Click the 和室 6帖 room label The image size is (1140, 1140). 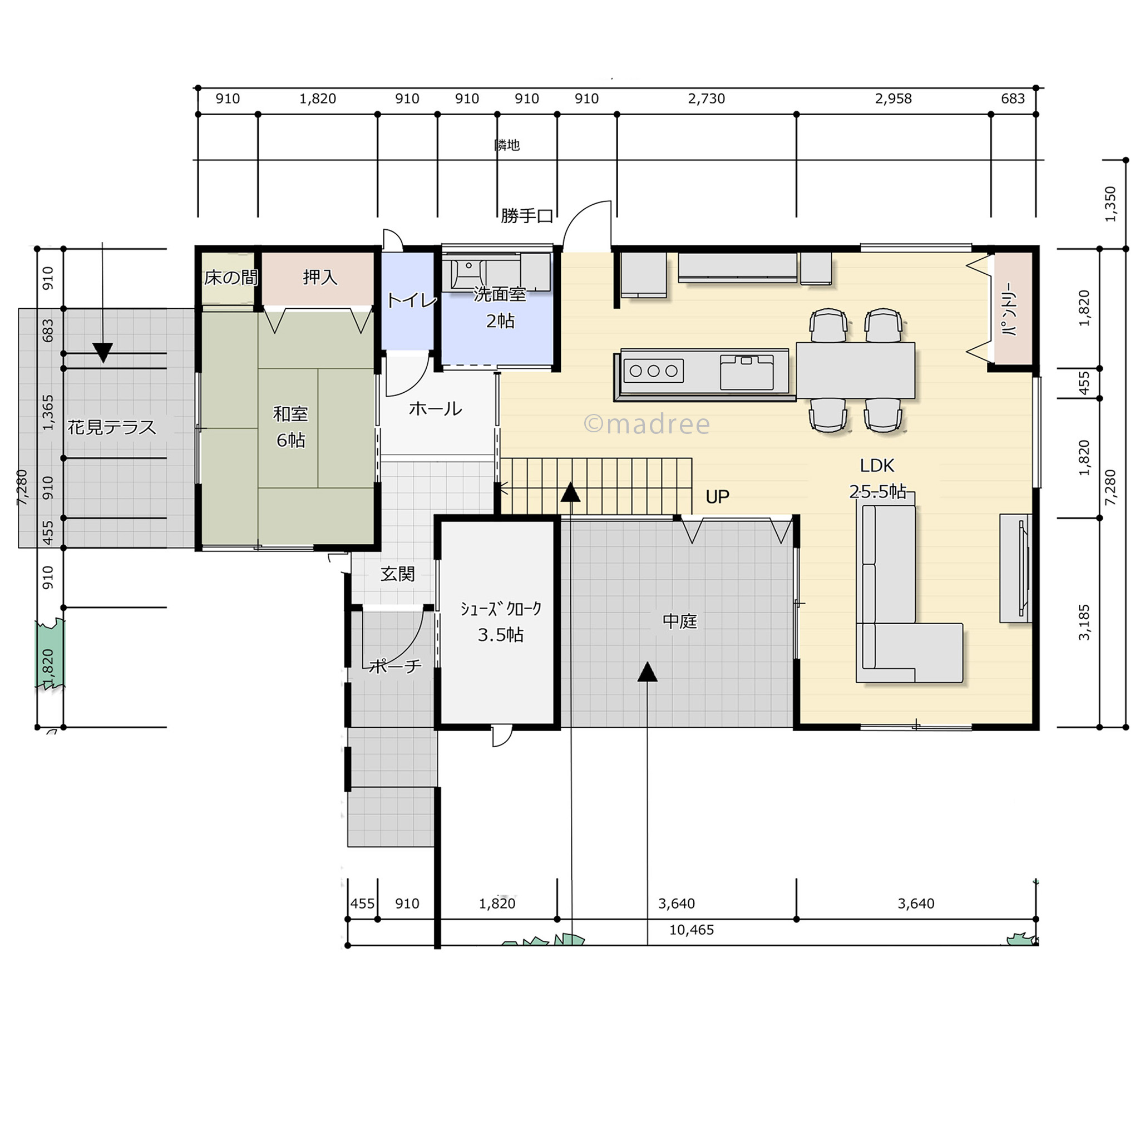coord(290,427)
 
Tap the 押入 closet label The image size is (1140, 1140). coord(320,277)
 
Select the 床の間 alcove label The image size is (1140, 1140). coord(231,277)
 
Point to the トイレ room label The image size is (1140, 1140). coord(412,300)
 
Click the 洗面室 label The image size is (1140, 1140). coord(499,294)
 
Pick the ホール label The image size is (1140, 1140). coord(436,408)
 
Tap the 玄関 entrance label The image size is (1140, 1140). coord(398,574)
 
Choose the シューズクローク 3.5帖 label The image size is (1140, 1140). coord(500,622)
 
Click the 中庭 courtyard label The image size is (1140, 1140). coord(680,621)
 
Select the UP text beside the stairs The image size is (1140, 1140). coord(718,497)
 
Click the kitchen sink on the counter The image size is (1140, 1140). coord(747,372)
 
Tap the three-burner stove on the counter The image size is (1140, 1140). coord(653,371)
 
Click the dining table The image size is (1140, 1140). coord(856,370)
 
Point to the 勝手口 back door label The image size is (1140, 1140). coord(527,216)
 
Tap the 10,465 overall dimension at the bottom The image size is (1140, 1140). coord(692,930)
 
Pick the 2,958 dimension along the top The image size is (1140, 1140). coord(894,98)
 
